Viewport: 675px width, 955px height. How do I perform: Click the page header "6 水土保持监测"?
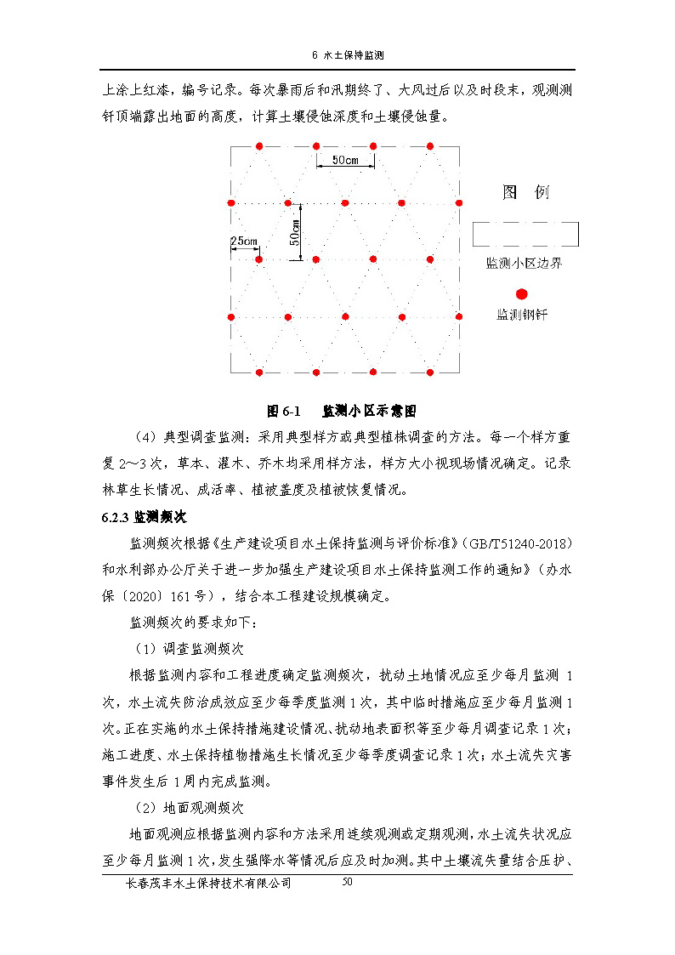pyautogui.click(x=349, y=55)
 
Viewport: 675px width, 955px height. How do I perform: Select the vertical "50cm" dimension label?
pyautogui.click(x=295, y=232)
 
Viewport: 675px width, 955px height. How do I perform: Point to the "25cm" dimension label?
pyautogui.click(x=244, y=242)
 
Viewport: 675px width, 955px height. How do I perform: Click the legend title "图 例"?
pyautogui.click(x=525, y=193)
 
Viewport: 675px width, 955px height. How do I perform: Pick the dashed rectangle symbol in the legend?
pyautogui.click(x=525, y=234)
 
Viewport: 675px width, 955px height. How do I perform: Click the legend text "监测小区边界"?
pyautogui.click(x=524, y=264)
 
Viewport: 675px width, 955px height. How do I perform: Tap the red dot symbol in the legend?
pyautogui.click(x=522, y=293)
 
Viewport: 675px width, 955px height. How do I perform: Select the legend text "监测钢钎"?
pyautogui.click(x=522, y=315)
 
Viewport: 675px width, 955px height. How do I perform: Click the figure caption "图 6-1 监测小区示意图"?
pyautogui.click(x=342, y=411)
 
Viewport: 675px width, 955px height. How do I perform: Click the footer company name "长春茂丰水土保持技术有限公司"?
pyautogui.click(x=207, y=884)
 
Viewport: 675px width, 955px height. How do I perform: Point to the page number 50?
pyautogui.click(x=347, y=882)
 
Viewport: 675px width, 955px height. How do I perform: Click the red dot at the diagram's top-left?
pyautogui.click(x=260, y=145)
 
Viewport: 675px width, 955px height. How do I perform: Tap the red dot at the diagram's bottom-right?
pyautogui.click(x=430, y=372)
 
